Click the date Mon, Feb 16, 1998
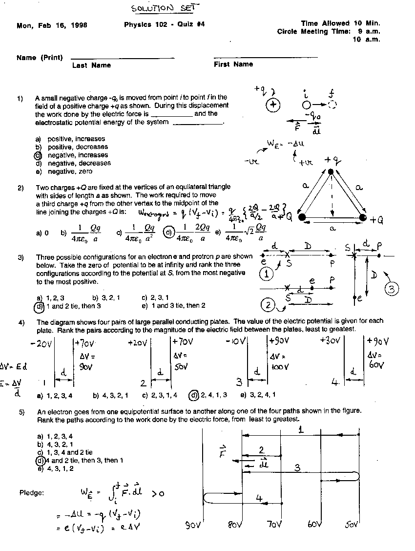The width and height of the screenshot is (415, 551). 52,25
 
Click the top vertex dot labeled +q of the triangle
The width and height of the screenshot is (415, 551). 331,171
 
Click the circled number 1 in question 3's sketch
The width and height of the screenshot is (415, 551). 266,275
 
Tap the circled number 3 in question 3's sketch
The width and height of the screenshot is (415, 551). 392,289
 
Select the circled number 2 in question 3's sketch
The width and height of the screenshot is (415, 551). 268,306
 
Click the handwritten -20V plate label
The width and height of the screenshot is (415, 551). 41,344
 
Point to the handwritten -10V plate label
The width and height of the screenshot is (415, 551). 235,341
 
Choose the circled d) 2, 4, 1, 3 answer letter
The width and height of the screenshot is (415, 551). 194,395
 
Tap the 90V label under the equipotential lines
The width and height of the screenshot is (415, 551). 194,526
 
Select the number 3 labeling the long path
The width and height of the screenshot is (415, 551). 296,467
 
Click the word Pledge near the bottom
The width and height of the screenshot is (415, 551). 31,493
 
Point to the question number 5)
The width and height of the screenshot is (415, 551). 21,412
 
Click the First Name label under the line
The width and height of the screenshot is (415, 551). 233,64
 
